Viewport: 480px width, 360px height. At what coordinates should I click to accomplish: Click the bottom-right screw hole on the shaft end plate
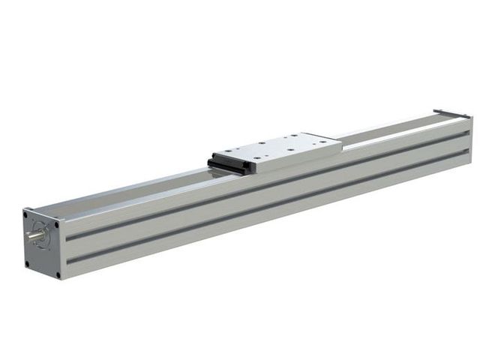[55, 274]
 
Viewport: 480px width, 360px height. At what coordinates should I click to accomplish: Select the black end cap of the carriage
[229, 161]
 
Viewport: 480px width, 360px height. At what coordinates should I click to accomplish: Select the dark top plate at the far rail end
[448, 113]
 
